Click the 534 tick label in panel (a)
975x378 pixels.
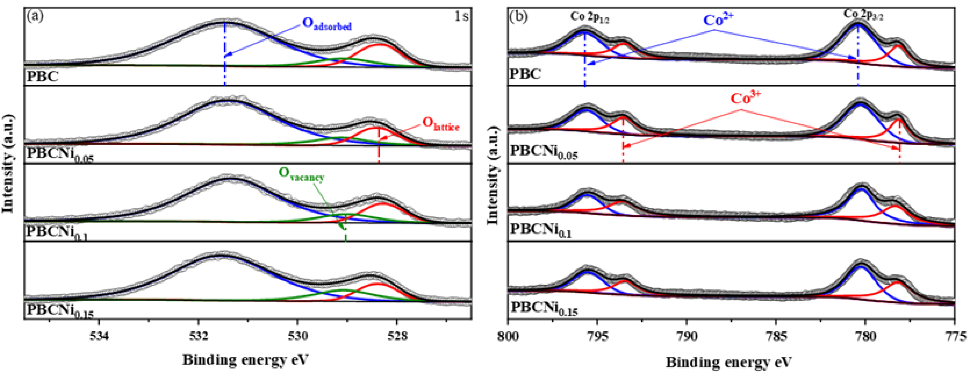[x=99, y=336]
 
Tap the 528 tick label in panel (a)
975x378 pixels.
[x=397, y=336]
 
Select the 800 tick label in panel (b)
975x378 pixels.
[x=508, y=336]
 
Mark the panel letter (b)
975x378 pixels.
[x=519, y=17]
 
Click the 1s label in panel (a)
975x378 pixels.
[x=461, y=16]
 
